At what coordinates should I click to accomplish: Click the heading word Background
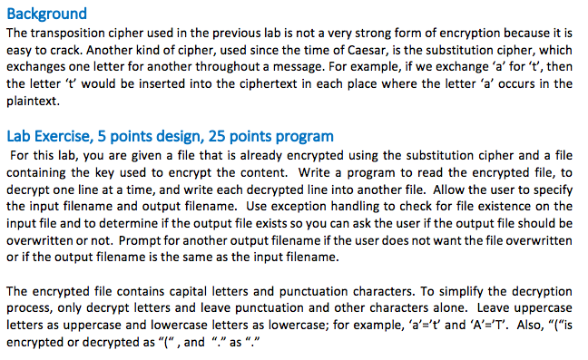(46, 14)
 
